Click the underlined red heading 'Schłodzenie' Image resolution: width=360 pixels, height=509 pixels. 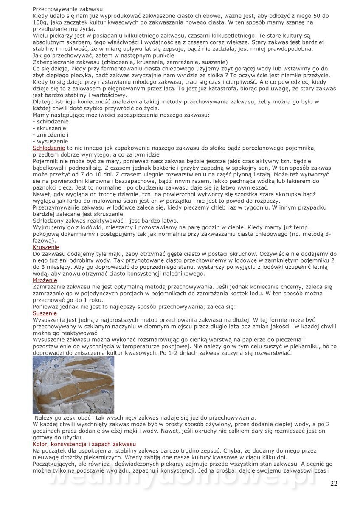(x=49, y=148)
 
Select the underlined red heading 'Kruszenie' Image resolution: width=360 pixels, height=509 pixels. (x=46, y=247)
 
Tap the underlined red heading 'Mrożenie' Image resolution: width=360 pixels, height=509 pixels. (x=45, y=280)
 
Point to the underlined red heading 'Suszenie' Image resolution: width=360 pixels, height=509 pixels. (x=45, y=313)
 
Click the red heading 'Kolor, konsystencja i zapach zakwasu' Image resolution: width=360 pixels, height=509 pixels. (x=84, y=444)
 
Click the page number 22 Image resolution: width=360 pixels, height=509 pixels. (x=334, y=484)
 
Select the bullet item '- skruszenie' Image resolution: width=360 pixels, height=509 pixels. (x=49, y=128)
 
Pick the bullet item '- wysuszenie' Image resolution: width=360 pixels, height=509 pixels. (x=50, y=141)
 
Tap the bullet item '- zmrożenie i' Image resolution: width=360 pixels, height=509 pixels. (x=51, y=134)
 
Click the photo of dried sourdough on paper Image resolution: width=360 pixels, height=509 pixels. (x=73, y=385)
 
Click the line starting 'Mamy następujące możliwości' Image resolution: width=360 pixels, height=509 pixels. (x=121, y=115)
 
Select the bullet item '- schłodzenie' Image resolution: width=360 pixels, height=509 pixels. (x=51, y=121)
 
